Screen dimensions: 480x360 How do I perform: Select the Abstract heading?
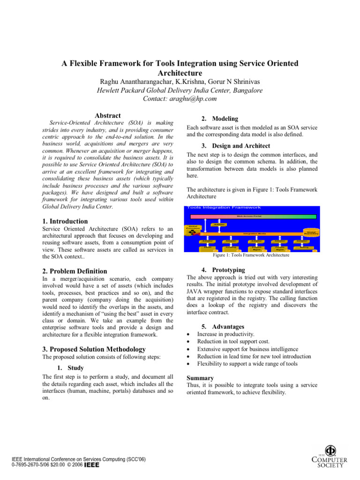(x=108, y=116)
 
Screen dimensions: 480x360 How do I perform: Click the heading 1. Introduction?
(x=65, y=221)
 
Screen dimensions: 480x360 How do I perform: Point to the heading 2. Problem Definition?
(x=75, y=271)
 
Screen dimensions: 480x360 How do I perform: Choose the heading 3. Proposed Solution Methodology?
(x=94, y=349)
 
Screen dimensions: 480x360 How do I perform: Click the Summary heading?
(x=200, y=378)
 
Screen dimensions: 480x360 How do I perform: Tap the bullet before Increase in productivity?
(x=188, y=335)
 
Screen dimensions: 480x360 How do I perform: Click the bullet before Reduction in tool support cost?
(x=188, y=342)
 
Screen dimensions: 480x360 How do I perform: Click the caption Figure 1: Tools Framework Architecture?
(x=251, y=255)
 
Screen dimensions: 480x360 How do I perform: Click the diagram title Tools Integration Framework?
(x=224, y=208)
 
